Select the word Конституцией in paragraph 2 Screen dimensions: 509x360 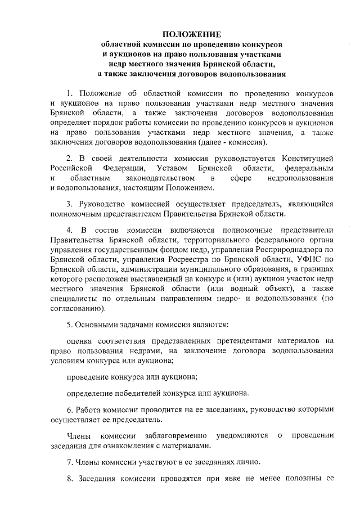pyautogui.click(x=306, y=157)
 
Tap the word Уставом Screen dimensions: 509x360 pyautogui.click(x=168, y=168)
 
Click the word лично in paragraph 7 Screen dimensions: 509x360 pyautogui.click(x=248, y=463)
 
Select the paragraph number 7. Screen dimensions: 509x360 pyautogui.click(x=69, y=463)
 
